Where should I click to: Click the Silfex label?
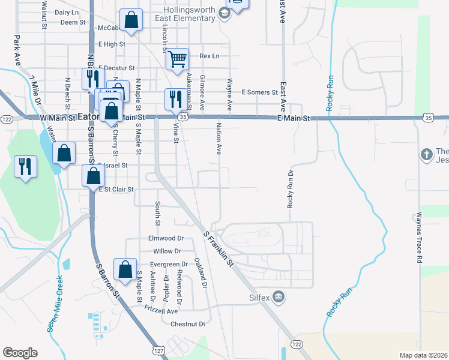pyautogui.click(x=253, y=297)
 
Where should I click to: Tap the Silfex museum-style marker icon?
pyautogui.click(x=278, y=296)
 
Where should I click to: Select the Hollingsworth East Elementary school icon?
pyautogui.click(x=224, y=13)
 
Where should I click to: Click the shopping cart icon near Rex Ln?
pyautogui.click(x=177, y=59)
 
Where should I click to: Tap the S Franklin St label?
pyautogui.click(x=217, y=248)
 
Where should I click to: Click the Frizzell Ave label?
pyautogui.click(x=161, y=311)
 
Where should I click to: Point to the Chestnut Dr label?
pyautogui.click(x=188, y=324)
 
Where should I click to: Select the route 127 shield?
pyautogui.click(x=158, y=349)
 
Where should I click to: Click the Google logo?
pyautogui.click(x=20, y=352)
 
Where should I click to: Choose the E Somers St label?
pyautogui.click(x=259, y=92)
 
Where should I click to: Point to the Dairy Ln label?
pyautogui.click(x=67, y=12)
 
